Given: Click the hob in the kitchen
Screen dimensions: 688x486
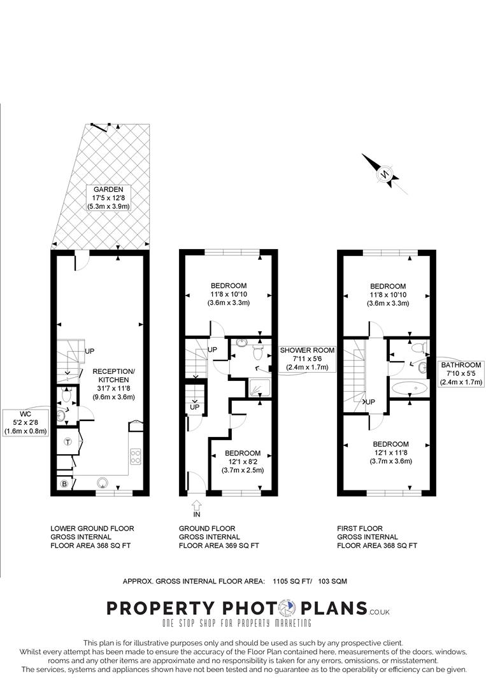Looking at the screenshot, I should click(x=136, y=456).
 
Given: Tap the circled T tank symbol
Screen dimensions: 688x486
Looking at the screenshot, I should click(x=67, y=441).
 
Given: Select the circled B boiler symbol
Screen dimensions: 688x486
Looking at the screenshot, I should click(x=63, y=484).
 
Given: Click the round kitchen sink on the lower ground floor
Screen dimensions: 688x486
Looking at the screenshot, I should click(x=102, y=483).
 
